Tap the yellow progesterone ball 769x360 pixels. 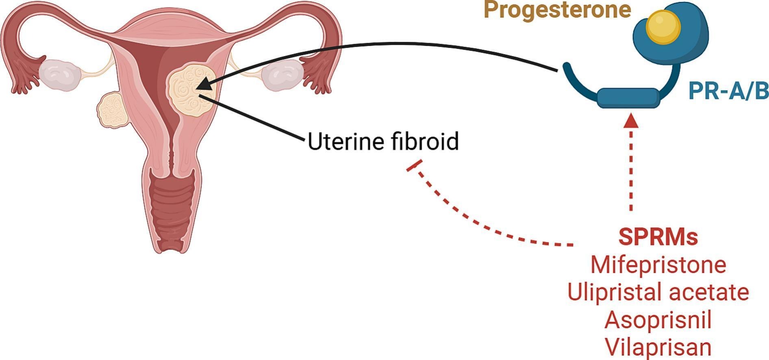tap(663, 27)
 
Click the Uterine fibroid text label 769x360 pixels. tap(383, 142)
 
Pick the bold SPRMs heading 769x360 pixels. tap(658, 237)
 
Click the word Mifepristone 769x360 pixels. tap(658, 265)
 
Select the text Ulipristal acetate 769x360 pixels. tap(658, 292)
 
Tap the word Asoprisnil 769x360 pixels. tap(658, 319)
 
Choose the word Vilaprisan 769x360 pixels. tap(658, 347)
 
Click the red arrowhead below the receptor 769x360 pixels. tap(631, 121)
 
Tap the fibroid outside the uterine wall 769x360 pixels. tap(113, 109)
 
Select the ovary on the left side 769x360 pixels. tap(60, 74)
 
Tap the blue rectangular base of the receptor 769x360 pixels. tap(628, 98)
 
